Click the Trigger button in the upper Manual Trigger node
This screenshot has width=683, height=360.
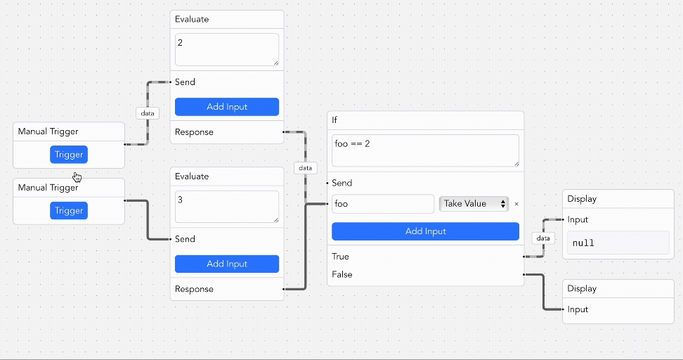click(69, 155)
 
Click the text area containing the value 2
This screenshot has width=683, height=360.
click(226, 50)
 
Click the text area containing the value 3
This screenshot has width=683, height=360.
click(226, 207)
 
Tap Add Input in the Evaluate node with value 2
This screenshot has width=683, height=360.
click(226, 107)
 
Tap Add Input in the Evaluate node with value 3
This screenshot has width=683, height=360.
click(226, 264)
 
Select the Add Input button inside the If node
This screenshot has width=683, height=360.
click(425, 231)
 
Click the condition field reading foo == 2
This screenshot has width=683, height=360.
click(425, 150)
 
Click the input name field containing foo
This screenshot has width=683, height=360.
click(383, 204)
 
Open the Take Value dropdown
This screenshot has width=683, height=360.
click(474, 204)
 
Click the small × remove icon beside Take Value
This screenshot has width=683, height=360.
click(516, 204)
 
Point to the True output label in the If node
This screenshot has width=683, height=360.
click(341, 257)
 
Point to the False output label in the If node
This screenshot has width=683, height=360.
click(342, 274)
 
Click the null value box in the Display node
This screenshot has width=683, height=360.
click(618, 243)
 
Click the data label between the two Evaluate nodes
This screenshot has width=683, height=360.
click(305, 168)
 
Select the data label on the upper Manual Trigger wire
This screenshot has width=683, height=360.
click(148, 112)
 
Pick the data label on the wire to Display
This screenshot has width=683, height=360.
click(543, 238)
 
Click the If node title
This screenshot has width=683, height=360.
click(335, 120)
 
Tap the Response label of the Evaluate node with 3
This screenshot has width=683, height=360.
click(194, 289)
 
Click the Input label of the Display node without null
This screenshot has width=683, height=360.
click(578, 309)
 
